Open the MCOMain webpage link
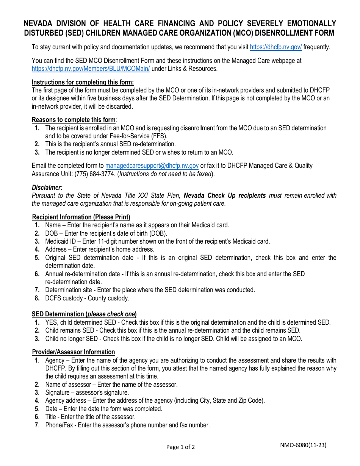click(x=91, y=69)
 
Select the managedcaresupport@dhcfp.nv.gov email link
click(x=152, y=166)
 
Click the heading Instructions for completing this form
click(x=83, y=82)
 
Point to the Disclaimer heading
click(x=47, y=188)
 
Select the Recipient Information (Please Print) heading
click(x=81, y=217)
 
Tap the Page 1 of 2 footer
click(x=180, y=447)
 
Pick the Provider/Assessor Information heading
click(x=74, y=352)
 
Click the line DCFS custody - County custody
click(x=87, y=298)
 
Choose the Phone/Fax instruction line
click(x=127, y=425)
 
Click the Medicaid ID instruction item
click(x=157, y=241)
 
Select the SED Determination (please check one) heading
click(x=84, y=314)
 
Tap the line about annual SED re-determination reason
click(x=110, y=144)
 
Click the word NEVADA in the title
click(x=40, y=23)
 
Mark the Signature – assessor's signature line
click(x=87, y=393)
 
